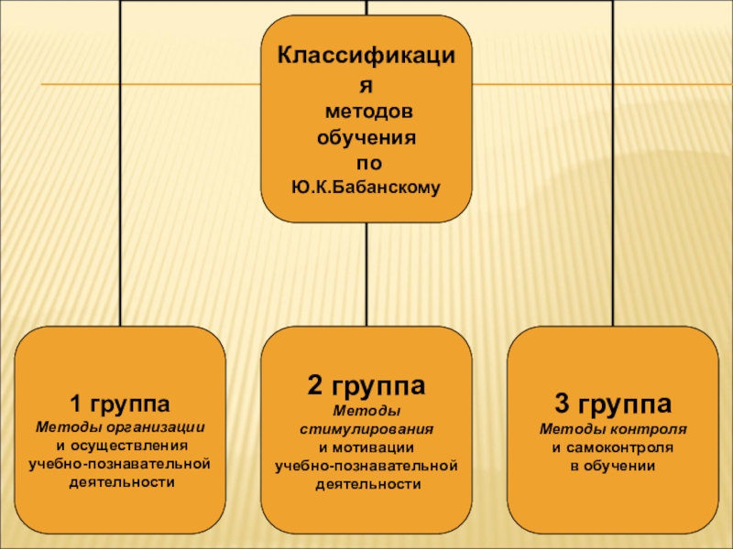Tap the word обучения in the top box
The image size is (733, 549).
pyautogui.click(x=366, y=138)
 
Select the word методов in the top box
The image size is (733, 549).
pyautogui.click(x=366, y=112)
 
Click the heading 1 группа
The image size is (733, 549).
pyautogui.click(x=121, y=404)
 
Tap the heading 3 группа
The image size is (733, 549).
pyautogui.click(x=613, y=404)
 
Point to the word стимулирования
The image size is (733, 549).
pyautogui.click(x=366, y=428)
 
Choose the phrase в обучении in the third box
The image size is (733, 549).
pyautogui.click(x=613, y=466)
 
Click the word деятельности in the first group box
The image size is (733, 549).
pyautogui.click(x=121, y=482)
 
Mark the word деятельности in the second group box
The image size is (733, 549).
pyautogui.click(x=366, y=485)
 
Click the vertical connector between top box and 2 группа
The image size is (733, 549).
pyautogui.click(x=366, y=274)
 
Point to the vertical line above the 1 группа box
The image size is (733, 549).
pyautogui.click(x=121, y=183)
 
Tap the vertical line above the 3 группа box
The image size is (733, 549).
pyautogui.click(x=613, y=183)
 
